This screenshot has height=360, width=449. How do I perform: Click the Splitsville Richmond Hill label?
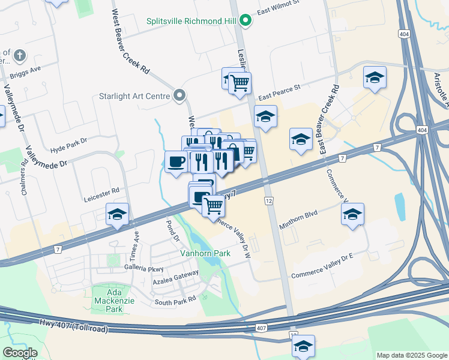191,21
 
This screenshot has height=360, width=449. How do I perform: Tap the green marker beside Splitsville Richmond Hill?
245,21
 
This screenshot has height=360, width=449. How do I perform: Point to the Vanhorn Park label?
206,254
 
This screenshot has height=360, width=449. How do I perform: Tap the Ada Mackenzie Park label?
106,301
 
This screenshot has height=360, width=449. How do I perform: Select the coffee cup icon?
176,162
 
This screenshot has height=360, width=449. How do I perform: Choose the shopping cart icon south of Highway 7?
214,206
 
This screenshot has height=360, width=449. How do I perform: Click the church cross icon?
19,57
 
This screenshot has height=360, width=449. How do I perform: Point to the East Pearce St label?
279,96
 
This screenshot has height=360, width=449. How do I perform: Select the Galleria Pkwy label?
143,267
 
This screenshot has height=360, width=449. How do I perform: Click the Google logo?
20,353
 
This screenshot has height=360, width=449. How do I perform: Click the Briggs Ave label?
25,72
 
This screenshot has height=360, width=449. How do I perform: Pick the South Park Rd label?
175,300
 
